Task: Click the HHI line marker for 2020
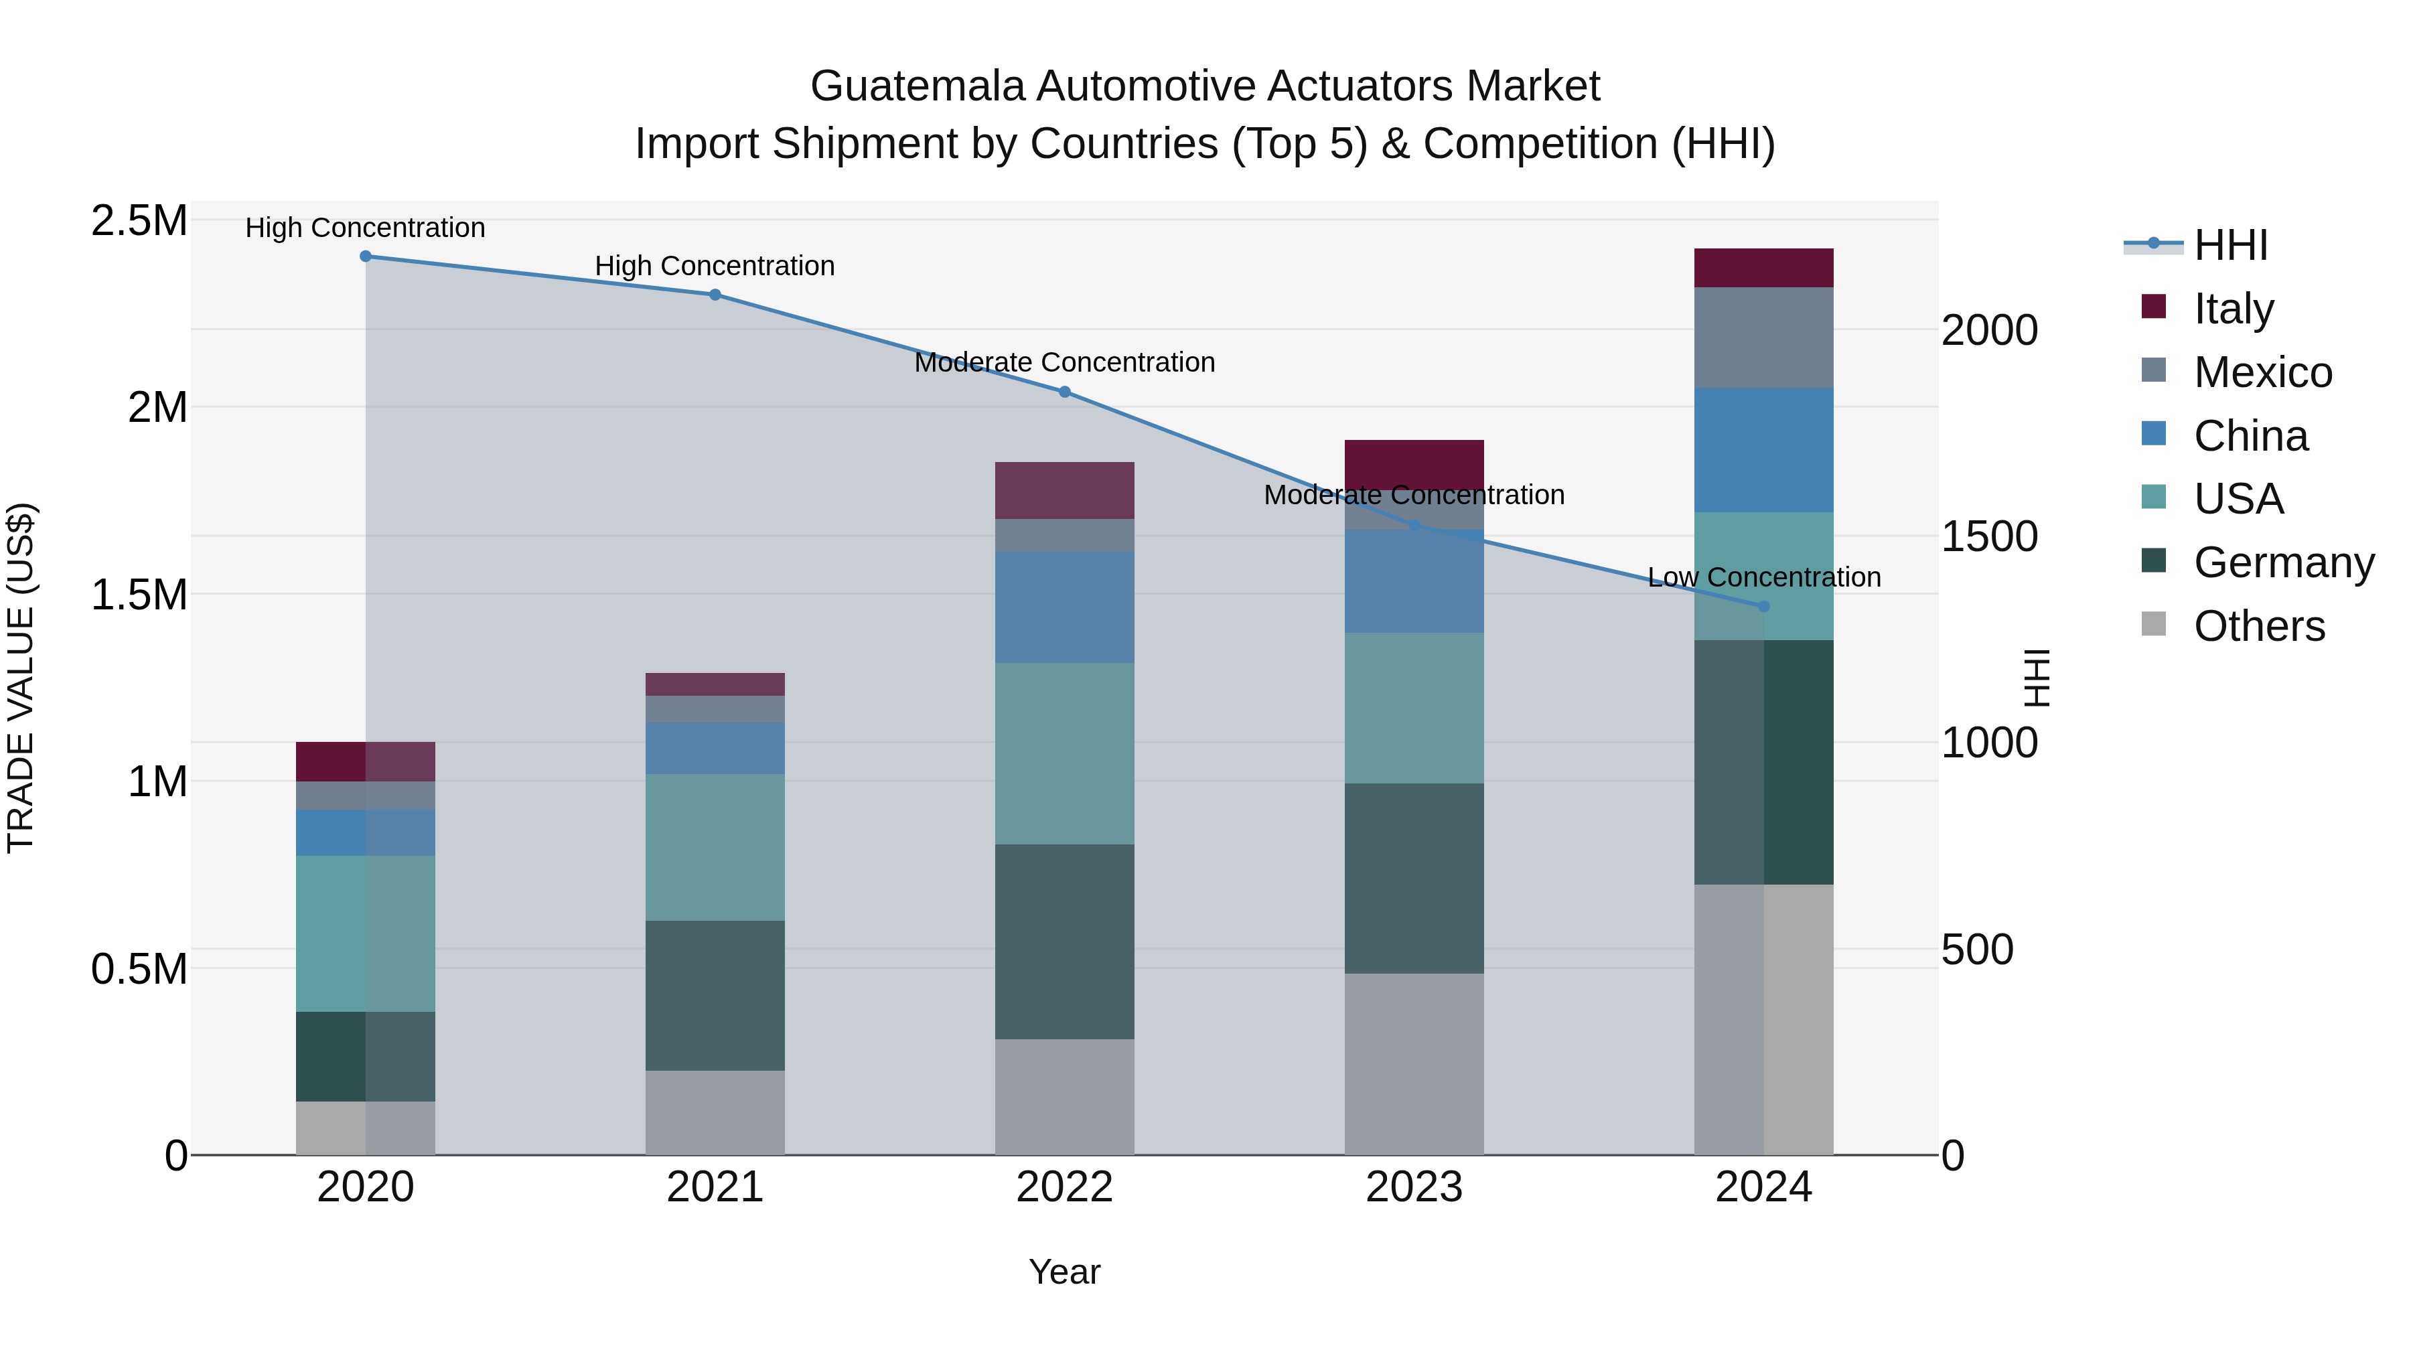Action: [x=366, y=256]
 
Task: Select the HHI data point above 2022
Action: [x=1064, y=392]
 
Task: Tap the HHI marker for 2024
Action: [x=1763, y=607]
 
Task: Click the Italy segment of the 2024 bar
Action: [x=1763, y=269]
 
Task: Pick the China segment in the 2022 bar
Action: [x=1064, y=607]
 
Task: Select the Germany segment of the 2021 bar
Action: [x=715, y=996]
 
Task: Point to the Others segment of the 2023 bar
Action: [x=1414, y=1064]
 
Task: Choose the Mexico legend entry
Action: [x=2262, y=372]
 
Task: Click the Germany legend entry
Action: [x=2283, y=562]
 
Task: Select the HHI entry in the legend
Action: [x=2230, y=245]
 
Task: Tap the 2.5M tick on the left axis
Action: [x=139, y=222]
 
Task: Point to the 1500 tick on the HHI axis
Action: [x=1989, y=536]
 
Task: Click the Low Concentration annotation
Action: [x=1763, y=577]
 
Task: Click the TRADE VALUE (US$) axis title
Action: [x=21, y=678]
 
